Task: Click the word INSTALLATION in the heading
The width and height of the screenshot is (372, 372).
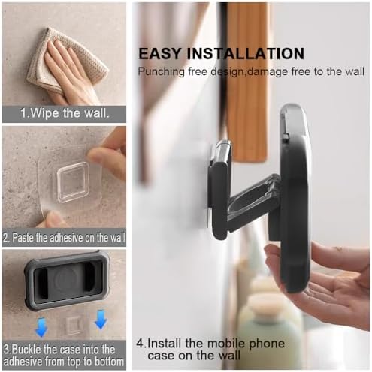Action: pos(246,53)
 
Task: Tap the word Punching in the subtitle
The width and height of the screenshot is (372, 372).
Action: pos(162,72)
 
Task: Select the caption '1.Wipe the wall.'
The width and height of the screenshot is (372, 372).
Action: pos(65,113)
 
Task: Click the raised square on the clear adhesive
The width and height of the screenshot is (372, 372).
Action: pos(73,181)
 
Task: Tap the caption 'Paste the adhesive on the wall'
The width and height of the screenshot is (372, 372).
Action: pos(68,237)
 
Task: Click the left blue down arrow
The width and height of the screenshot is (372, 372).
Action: pos(41,328)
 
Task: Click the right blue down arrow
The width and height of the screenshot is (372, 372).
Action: pos(101,319)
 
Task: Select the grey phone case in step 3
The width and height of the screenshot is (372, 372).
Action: pos(67,280)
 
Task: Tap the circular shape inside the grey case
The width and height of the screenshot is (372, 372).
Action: pos(67,280)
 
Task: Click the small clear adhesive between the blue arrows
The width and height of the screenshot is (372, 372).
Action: pos(74,325)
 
